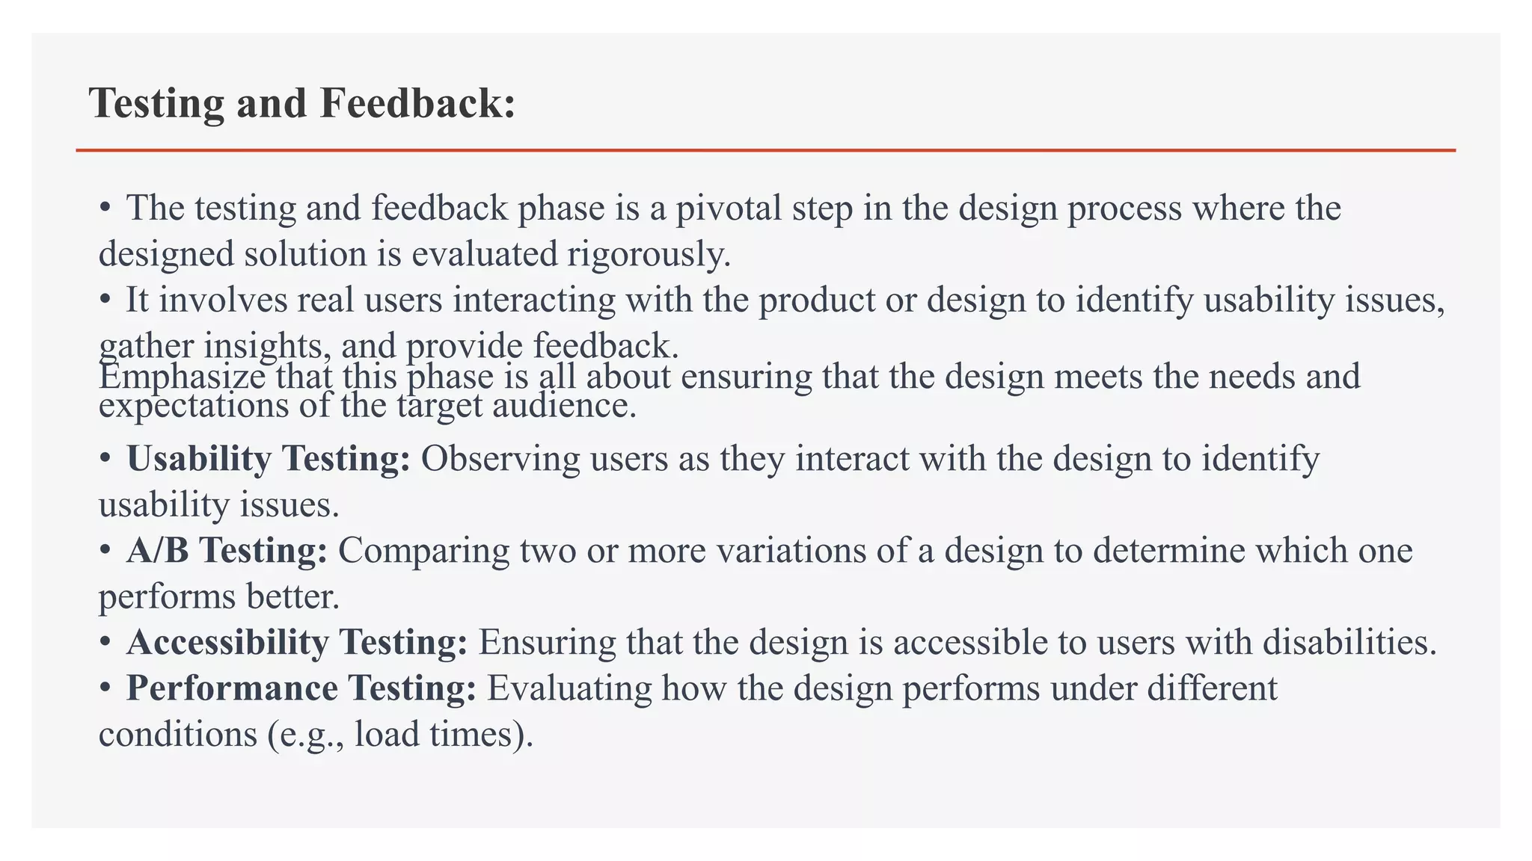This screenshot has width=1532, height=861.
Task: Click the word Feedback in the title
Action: coord(417,103)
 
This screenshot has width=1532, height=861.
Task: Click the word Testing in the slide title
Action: coord(156,103)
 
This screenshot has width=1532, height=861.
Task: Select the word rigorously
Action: coord(648,255)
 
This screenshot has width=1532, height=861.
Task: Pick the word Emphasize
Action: coord(182,376)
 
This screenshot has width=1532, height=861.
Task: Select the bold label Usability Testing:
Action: coord(269,459)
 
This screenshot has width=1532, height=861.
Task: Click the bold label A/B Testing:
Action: coord(227,551)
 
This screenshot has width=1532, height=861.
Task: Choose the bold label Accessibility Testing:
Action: coord(297,643)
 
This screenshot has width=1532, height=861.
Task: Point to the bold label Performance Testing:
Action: coord(301,688)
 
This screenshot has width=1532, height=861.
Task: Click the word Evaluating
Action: coord(569,688)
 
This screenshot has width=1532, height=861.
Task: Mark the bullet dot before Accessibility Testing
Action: coord(105,643)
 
